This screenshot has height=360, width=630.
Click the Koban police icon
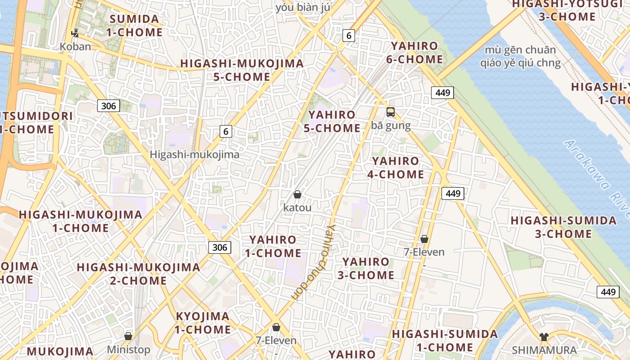click(75, 33)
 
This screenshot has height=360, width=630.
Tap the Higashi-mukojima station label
click(194, 154)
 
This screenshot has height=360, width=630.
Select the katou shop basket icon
click(297, 194)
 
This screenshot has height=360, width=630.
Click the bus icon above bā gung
click(390, 112)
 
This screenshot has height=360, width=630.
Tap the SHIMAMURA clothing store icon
click(544, 337)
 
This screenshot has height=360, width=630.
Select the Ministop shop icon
click(128, 336)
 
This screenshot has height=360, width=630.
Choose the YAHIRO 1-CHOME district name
click(273, 246)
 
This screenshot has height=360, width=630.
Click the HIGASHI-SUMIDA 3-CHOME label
click(563, 227)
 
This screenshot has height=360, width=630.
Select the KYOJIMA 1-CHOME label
click(202, 323)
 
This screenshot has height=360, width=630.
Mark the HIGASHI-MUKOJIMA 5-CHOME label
click(242, 70)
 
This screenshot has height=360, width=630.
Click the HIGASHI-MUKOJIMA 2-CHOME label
click(139, 274)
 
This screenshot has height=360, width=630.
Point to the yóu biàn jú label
click(303, 8)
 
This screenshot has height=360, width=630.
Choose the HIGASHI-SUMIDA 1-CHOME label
click(445, 341)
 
